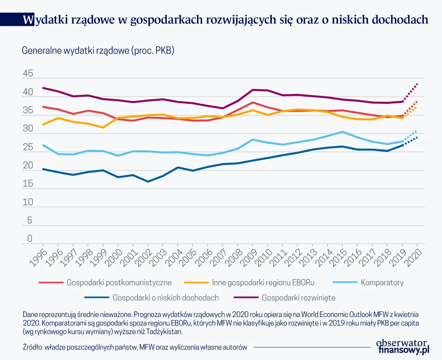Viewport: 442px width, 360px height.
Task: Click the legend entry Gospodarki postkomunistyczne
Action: coord(119,283)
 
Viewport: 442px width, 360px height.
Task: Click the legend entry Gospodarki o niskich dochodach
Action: coord(165,298)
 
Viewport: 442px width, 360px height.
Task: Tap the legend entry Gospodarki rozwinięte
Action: coord(298,298)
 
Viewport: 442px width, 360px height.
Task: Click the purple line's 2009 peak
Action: coord(253,90)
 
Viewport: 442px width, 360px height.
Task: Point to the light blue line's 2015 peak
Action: coord(343,132)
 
